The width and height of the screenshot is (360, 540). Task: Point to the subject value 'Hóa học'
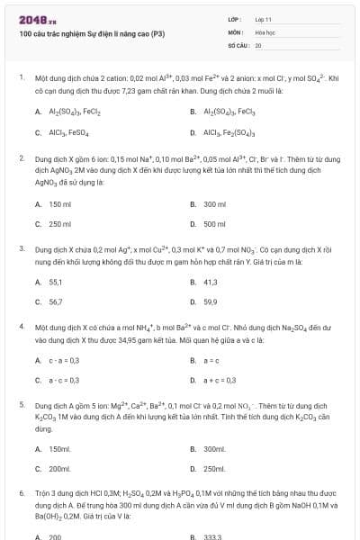pyautogui.click(x=265, y=31)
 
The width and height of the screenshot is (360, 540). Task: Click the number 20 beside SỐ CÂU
pyautogui.click(x=258, y=44)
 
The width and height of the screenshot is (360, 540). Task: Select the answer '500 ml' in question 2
pyautogui.click(x=214, y=223)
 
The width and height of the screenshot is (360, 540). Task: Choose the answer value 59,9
pyautogui.click(x=211, y=301)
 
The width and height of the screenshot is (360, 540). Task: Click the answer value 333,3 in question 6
pyautogui.click(x=212, y=536)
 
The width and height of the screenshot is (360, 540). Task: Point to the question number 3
pyautogui.click(x=22, y=247)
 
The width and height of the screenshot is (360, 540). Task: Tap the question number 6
pyautogui.click(x=22, y=493)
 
